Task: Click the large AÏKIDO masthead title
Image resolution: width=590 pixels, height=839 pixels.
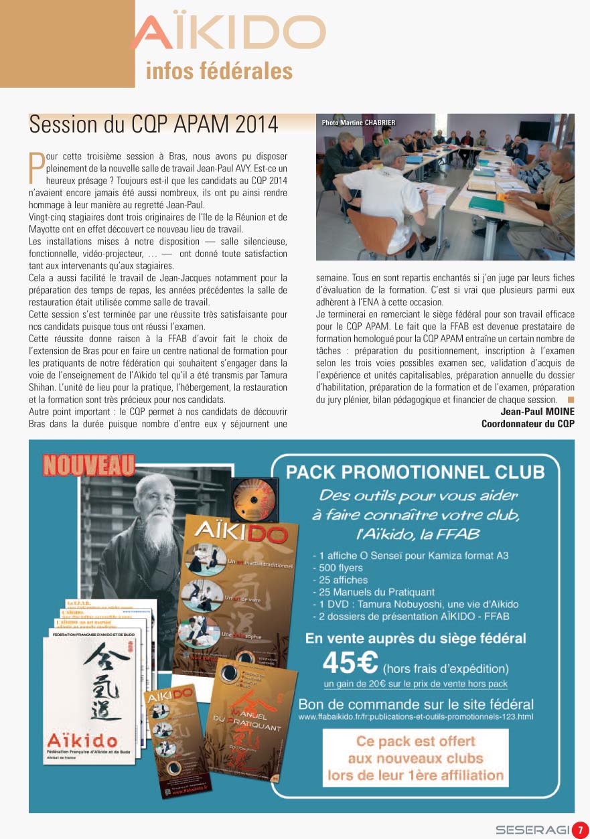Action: [228, 33]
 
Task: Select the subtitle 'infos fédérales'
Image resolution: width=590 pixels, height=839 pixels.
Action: [219, 71]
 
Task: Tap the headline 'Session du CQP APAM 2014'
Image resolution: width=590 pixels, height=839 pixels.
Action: [153, 124]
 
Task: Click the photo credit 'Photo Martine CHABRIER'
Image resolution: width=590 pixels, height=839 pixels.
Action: [358, 123]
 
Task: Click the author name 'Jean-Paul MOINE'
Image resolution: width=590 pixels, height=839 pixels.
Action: [537, 411]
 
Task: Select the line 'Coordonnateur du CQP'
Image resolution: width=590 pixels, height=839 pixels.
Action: [528, 424]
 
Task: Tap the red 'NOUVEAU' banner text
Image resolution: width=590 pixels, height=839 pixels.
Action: [89, 465]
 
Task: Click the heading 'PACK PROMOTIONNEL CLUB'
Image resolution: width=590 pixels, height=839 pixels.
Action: [415, 472]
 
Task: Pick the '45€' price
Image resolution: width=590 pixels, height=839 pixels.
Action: [350, 664]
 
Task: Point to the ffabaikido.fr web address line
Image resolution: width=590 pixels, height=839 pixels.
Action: [416, 717]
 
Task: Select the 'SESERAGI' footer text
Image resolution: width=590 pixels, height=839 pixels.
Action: [532, 830]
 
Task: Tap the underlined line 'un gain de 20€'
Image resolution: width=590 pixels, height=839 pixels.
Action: [415, 684]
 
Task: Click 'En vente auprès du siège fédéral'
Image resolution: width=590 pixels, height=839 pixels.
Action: [415, 638]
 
